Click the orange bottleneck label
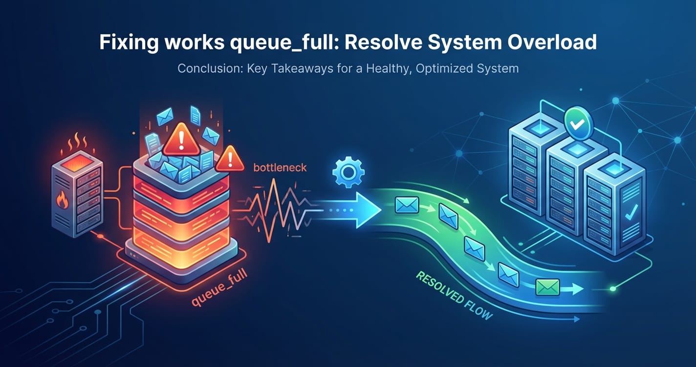[280, 167]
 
